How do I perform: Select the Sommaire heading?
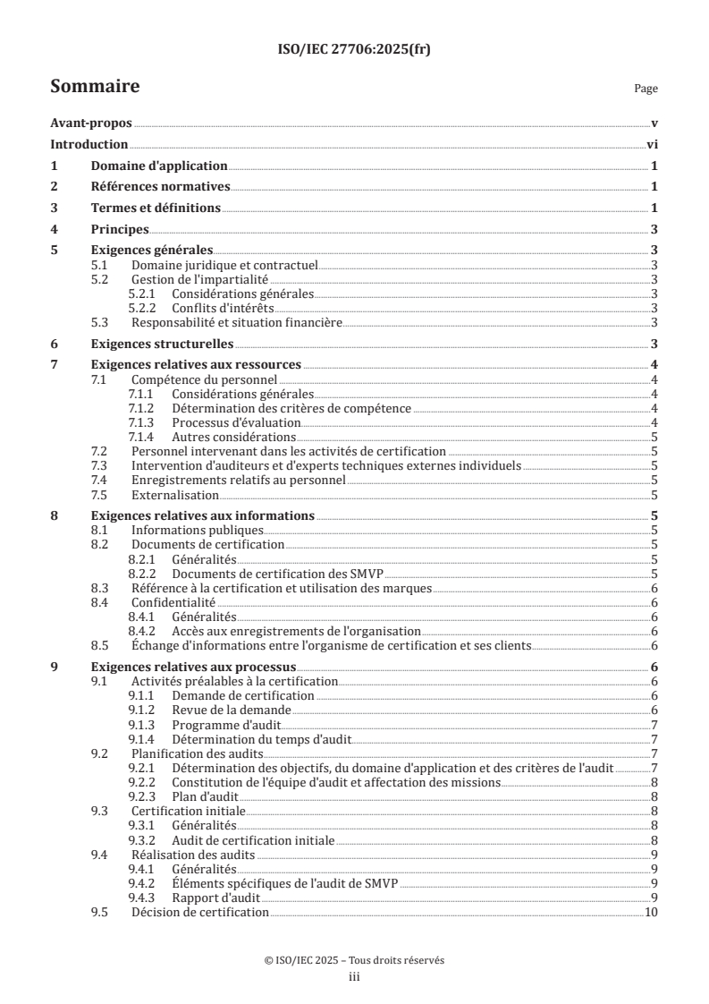[94, 87]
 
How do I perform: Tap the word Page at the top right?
[646, 89]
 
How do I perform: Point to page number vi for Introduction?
[653, 145]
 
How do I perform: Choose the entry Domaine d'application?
[159, 166]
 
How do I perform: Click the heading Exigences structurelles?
[163, 344]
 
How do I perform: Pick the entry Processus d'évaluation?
[224, 422]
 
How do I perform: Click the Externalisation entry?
[174, 495]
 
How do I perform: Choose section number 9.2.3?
[144, 796]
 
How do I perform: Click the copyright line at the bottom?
[354, 960]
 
